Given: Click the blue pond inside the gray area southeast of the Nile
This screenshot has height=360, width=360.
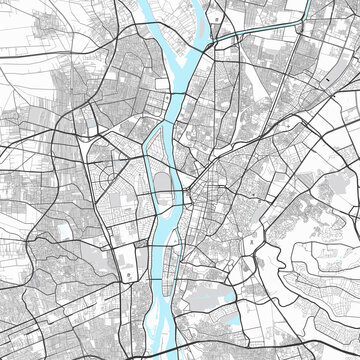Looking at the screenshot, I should [x=231, y=320].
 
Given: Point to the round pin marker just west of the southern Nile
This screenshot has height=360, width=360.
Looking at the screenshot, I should [x=127, y=273].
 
